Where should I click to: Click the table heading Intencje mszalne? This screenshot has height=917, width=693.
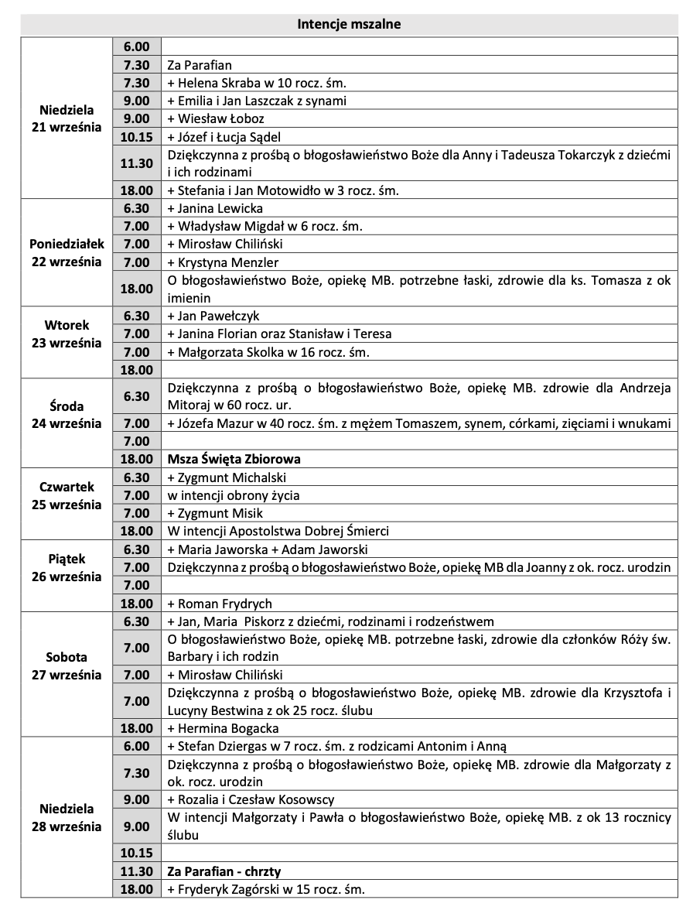click(349, 25)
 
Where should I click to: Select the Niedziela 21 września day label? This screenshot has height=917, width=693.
click(67, 118)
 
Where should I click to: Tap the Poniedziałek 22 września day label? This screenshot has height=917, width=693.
click(67, 252)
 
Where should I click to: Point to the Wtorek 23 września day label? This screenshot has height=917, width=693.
click(67, 334)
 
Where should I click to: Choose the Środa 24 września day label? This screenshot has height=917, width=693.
click(67, 414)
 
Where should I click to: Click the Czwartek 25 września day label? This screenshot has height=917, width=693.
click(67, 495)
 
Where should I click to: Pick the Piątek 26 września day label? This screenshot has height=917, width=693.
click(67, 567)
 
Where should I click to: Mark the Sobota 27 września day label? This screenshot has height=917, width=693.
click(67, 666)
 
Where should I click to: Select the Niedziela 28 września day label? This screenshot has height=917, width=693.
click(67, 817)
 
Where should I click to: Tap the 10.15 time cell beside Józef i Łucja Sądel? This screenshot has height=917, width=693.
click(136, 136)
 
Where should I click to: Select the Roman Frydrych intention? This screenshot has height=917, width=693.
click(219, 604)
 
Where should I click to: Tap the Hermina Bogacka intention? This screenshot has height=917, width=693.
click(223, 728)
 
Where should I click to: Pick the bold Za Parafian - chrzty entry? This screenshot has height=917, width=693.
click(224, 871)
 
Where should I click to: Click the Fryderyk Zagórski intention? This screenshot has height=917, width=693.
click(265, 889)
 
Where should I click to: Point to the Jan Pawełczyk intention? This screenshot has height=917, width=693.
click(213, 316)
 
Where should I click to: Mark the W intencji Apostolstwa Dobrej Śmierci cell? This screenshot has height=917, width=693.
click(278, 531)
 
